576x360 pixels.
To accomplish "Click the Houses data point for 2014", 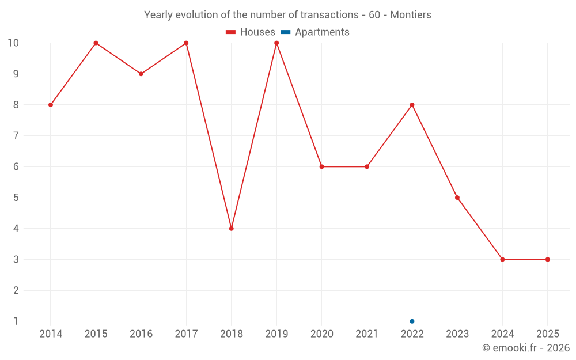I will click(51, 105).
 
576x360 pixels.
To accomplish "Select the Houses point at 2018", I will click(232, 229).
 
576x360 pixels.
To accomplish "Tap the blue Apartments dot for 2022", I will click(412, 321).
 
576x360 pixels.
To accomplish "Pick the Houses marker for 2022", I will click(412, 105).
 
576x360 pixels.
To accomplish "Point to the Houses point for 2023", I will click(457, 198).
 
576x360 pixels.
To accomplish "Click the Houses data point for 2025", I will click(547, 259).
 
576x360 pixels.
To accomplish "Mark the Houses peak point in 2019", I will click(276, 43).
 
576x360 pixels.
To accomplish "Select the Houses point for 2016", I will click(141, 74).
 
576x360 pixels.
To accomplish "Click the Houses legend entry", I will click(251, 32).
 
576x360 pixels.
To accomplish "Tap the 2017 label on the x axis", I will click(186, 334).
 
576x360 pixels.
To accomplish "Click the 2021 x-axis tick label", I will click(367, 334).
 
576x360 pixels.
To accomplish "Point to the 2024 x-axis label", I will click(502, 334).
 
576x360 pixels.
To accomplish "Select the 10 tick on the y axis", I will click(13, 43).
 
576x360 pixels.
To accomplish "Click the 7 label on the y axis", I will click(16, 136).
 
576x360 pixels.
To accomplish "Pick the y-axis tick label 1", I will click(16, 321).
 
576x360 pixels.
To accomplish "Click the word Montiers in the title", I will click(411, 15).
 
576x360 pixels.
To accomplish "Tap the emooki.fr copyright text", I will click(526, 348).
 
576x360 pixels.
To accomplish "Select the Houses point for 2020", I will click(321, 166).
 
